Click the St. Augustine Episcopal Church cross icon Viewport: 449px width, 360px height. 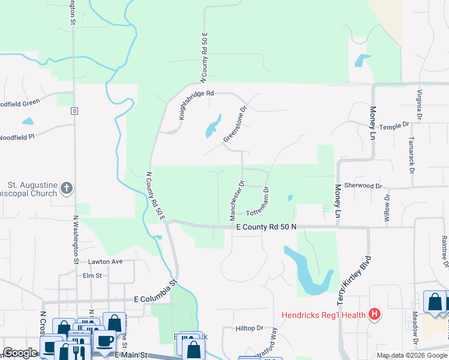tap(66, 189)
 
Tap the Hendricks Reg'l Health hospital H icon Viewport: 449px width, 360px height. tap(375, 314)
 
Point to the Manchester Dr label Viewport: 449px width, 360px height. tap(235, 200)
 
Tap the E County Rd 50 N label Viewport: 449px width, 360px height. tap(267, 227)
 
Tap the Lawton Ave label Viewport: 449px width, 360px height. tap(105, 262)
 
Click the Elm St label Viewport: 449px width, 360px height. tap(93, 275)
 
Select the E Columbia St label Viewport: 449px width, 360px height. tap(156, 290)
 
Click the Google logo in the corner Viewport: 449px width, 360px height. tap(20, 353)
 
